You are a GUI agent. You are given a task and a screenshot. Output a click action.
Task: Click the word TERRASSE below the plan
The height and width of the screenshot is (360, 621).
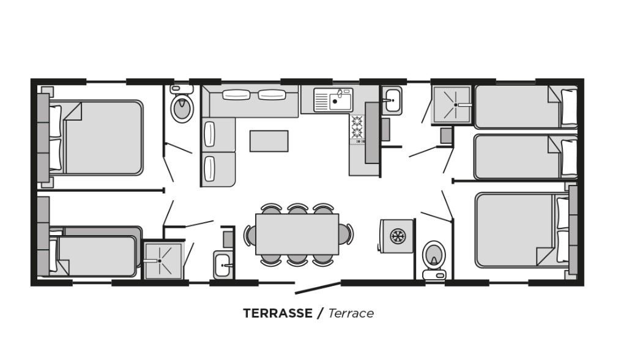pyautogui.click(x=278, y=313)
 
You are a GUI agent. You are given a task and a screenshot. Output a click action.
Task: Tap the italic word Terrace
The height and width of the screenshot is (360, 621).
pyautogui.click(x=351, y=313)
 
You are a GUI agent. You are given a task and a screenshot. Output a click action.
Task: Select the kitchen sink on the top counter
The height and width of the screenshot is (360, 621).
pyautogui.click(x=333, y=100)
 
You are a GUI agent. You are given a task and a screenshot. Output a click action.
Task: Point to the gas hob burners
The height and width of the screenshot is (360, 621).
pyautogui.click(x=357, y=127)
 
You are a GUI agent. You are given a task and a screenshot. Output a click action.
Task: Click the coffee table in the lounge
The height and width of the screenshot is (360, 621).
pyautogui.click(x=269, y=141)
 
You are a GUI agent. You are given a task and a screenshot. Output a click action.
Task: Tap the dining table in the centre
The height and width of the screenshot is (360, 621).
pyautogui.click(x=297, y=234)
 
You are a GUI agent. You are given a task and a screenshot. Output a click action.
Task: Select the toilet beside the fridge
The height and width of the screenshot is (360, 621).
pyautogui.click(x=434, y=260)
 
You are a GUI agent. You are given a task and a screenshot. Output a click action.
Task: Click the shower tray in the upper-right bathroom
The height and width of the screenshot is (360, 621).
pyautogui.click(x=452, y=105)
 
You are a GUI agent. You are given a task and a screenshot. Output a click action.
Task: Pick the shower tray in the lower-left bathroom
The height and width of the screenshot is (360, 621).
pyautogui.click(x=163, y=260)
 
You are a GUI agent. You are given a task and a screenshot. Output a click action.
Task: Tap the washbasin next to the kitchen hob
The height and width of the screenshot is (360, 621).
pyautogui.click(x=392, y=100)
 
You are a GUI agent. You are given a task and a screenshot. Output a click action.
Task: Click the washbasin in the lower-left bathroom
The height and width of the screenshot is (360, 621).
pyautogui.click(x=223, y=264)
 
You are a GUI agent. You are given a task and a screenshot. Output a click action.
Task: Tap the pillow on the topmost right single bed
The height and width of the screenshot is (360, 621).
pyautogui.click(x=569, y=107)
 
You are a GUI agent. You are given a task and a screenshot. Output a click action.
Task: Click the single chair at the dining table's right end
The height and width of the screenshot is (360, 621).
pyautogui.click(x=346, y=234)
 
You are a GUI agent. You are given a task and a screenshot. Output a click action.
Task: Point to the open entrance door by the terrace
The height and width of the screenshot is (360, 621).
pyautogui.click(x=318, y=288)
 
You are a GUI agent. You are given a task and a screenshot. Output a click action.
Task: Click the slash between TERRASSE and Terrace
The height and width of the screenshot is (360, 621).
pyautogui.click(x=320, y=313)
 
